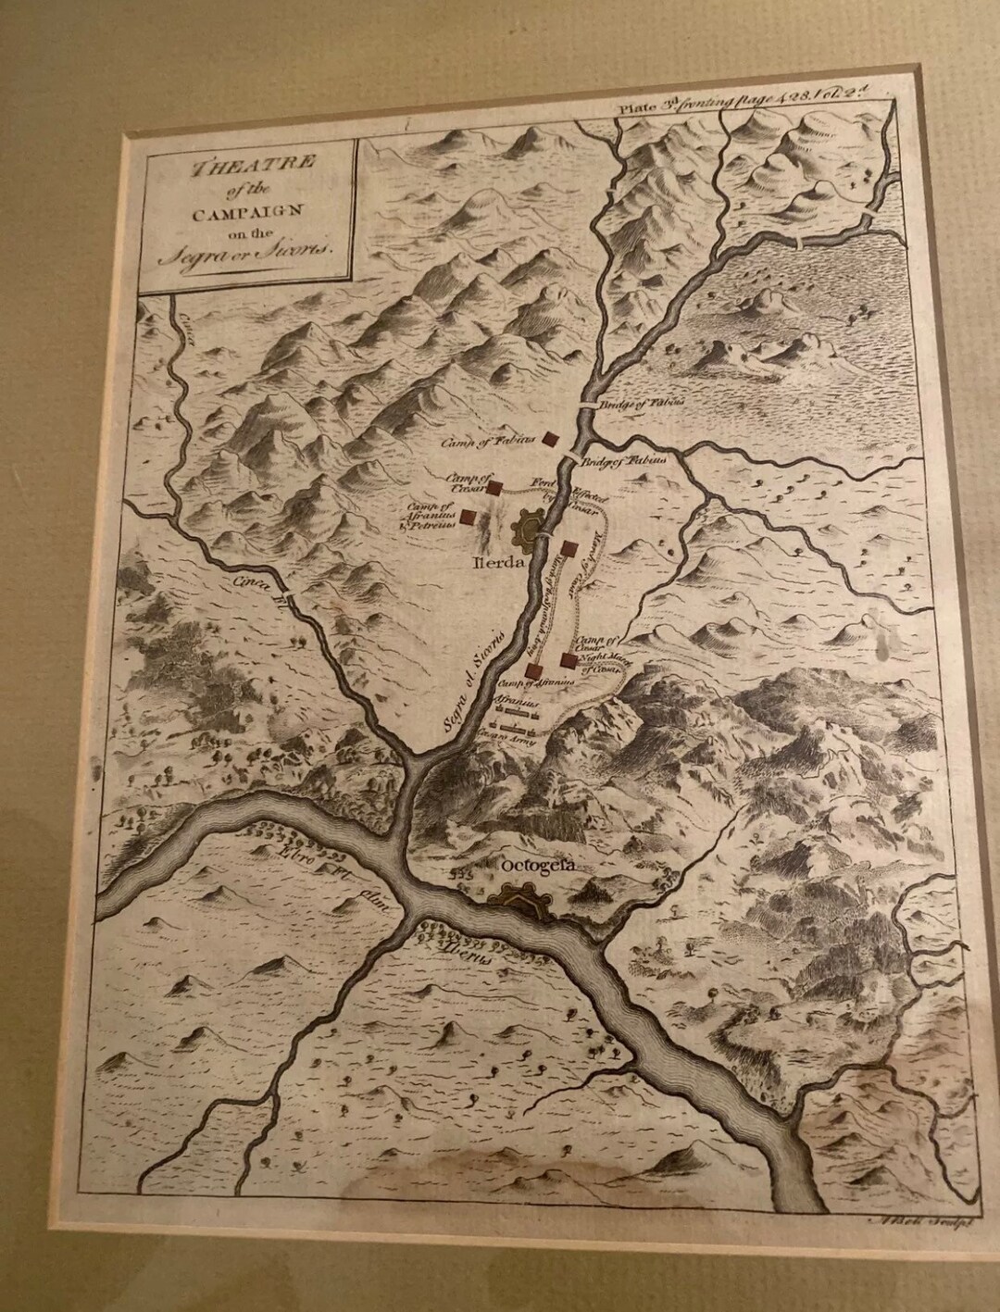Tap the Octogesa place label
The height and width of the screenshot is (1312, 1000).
[x=537, y=865]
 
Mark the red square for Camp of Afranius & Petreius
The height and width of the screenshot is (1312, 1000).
[x=469, y=518]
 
